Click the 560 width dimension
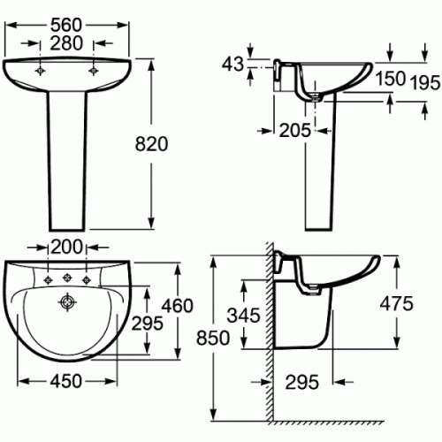[x=65, y=25]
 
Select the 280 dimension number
[x=66, y=43]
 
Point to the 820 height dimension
[x=151, y=144]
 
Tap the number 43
[x=232, y=64]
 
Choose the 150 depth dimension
[x=390, y=79]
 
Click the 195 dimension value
[x=425, y=82]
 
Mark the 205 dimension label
[x=294, y=130]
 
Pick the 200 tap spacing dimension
[x=66, y=247]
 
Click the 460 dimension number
[x=177, y=306]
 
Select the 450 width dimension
[x=66, y=381]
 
